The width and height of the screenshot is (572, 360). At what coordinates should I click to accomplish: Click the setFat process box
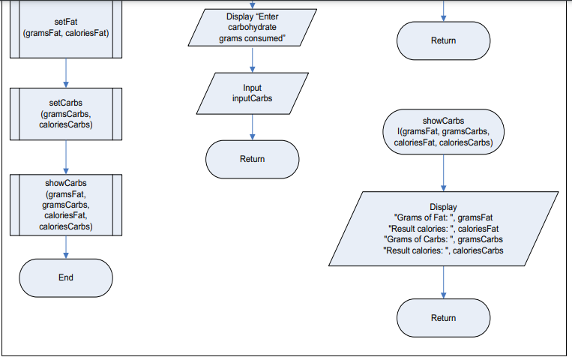(x=65, y=28)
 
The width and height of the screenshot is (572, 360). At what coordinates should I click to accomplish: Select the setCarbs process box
(x=65, y=114)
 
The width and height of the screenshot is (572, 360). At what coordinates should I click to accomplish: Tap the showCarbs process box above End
(x=65, y=204)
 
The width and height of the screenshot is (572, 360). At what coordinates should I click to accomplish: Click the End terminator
(x=65, y=277)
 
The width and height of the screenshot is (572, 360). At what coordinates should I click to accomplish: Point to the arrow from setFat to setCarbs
(x=66, y=73)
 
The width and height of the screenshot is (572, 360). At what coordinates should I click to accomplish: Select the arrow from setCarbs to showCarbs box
(x=66, y=157)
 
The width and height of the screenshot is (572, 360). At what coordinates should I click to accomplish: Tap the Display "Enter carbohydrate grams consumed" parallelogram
(x=251, y=28)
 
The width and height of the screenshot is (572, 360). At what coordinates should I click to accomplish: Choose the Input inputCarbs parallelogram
(x=252, y=93)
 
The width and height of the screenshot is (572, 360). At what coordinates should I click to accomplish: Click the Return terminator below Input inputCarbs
(x=252, y=159)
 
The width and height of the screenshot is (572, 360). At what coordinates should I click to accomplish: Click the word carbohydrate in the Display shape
(x=252, y=28)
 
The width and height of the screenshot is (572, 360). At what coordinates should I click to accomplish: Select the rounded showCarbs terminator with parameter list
(x=443, y=131)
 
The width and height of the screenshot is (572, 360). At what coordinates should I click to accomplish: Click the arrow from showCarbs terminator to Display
(x=443, y=172)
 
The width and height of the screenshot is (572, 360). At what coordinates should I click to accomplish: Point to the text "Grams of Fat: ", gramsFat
(x=443, y=217)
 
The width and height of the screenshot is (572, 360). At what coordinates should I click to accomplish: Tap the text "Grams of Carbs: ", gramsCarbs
(x=443, y=239)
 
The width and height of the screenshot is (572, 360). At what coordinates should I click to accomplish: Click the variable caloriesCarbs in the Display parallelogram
(x=478, y=250)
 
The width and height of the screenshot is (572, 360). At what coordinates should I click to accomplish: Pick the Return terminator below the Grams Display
(x=443, y=318)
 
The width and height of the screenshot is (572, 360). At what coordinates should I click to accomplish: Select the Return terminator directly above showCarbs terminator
(x=443, y=40)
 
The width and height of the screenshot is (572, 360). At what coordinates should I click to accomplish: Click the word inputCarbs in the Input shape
(x=253, y=98)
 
